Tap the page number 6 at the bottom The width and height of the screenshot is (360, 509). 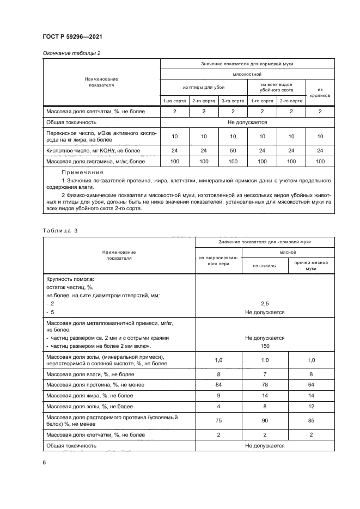(44, 462)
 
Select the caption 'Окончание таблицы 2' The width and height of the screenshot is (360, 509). (71, 53)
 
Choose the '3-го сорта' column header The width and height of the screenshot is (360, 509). (233, 101)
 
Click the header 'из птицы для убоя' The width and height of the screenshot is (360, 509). (203, 87)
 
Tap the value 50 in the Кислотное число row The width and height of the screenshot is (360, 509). (233, 149)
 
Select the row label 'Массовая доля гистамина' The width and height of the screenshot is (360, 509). (96, 161)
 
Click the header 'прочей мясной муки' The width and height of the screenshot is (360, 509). (310, 266)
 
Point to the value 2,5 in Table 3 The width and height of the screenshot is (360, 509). (265, 304)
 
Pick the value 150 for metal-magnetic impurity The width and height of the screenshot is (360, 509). (265, 346)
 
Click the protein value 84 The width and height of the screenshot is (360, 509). (218, 385)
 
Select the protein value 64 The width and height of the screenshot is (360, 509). (310, 385)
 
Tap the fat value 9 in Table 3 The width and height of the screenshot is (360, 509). (218, 396)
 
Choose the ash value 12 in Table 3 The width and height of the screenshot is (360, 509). (310, 407)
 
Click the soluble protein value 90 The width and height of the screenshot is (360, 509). (265, 420)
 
